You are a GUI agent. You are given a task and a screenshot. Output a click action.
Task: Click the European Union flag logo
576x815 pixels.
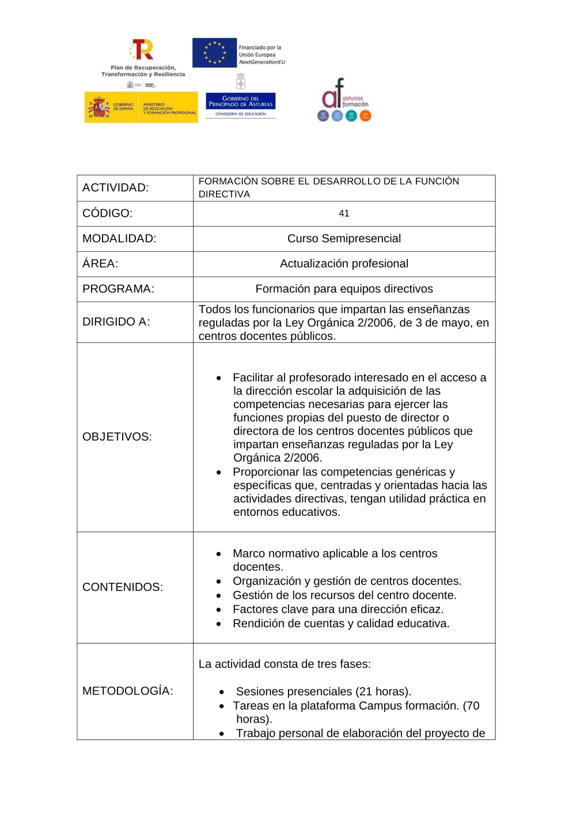pyautogui.click(x=214, y=52)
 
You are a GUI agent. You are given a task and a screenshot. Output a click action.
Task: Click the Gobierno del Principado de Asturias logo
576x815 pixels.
pyautogui.click(x=241, y=102)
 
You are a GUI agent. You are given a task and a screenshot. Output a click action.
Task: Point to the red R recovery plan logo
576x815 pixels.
pyautogui.click(x=142, y=50)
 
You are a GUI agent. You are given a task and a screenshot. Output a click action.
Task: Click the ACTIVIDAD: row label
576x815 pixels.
pyautogui.click(x=116, y=188)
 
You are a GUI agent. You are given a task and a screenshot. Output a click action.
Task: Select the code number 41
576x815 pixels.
pyautogui.click(x=344, y=213)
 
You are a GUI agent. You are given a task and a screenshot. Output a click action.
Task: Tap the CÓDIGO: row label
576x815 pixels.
pyautogui.click(x=108, y=213)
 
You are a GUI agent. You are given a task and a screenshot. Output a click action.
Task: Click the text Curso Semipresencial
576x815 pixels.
pyautogui.click(x=344, y=239)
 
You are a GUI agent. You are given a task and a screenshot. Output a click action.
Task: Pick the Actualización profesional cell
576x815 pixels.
pyautogui.click(x=344, y=264)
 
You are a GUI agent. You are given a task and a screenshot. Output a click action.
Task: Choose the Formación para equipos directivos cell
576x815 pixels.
pyautogui.click(x=344, y=289)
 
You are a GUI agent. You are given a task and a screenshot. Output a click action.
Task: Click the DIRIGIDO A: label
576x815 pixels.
pyautogui.click(x=116, y=322)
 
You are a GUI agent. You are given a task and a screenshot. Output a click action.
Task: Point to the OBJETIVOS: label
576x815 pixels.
pyautogui.click(x=118, y=437)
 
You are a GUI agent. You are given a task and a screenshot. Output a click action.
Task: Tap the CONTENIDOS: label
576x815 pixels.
pyautogui.click(x=123, y=587)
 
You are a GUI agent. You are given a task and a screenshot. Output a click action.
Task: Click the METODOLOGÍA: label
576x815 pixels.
pyautogui.click(x=128, y=691)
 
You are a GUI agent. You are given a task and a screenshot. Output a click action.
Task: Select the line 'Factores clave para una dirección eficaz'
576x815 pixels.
pyautogui.click(x=338, y=609)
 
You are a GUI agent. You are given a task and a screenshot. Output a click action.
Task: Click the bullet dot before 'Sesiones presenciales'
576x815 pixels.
pyautogui.click(x=222, y=692)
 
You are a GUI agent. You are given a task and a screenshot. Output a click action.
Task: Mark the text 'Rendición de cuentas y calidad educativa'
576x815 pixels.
pyautogui.click(x=341, y=624)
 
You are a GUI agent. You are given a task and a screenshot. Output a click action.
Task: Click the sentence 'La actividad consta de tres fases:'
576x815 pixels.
pyautogui.click(x=285, y=664)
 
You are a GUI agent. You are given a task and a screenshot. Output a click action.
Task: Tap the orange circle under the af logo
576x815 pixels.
pyautogui.click(x=365, y=116)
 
